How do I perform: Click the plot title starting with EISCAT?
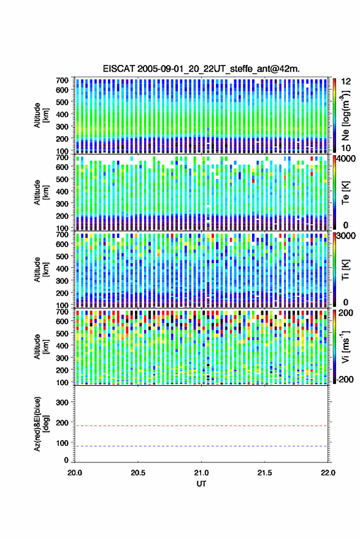pyautogui.click(x=201, y=69)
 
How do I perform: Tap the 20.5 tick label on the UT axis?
pyautogui.click(x=138, y=473)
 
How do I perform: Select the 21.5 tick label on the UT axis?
pyautogui.click(x=264, y=473)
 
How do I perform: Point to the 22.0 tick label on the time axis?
pyautogui.click(x=327, y=473)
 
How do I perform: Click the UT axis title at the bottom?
pyautogui.click(x=201, y=484)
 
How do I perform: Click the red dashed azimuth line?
pyautogui.click(x=201, y=426)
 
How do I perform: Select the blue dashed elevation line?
pyautogui.click(x=201, y=446)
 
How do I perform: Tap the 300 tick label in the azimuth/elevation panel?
pyautogui.click(x=62, y=402)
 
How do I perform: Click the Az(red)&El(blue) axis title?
pyautogui.click(x=41, y=424)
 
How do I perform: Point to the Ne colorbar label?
pyautogui.click(x=345, y=115)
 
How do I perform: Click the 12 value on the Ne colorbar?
pyautogui.click(x=346, y=82)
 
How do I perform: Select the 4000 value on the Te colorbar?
pyautogui.click(x=346, y=158)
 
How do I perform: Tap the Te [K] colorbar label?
pyautogui.click(x=345, y=193)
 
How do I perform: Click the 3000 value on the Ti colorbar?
pyautogui.click(x=346, y=236)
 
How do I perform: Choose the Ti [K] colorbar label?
pyautogui.click(x=345, y=270)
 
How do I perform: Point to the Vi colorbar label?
pyautogui.click(x=345, y=346)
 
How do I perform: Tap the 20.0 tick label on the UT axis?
pyautogui.click(x=75, y=473)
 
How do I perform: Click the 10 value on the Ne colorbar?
pyautogui.click(x=346, y=148)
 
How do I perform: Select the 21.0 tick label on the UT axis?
pyautogui.click(x=201, y=473)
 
